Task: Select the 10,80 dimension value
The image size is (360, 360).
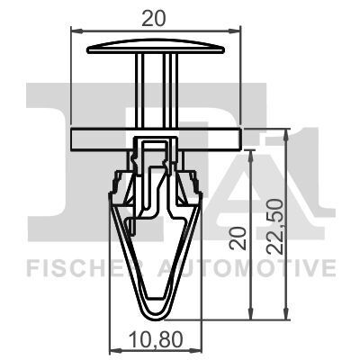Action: (x=156, y=339)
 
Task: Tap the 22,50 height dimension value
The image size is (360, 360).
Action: (x=275, y=227)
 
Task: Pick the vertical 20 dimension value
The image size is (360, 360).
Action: (x=238, y=238)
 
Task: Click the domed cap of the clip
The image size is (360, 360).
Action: (x=156, y=48)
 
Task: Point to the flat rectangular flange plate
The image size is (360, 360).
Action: (x=156, y=139)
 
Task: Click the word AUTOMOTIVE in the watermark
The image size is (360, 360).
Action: (x=247, y=268)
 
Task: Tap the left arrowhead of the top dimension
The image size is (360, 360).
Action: (x=76, y=31)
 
